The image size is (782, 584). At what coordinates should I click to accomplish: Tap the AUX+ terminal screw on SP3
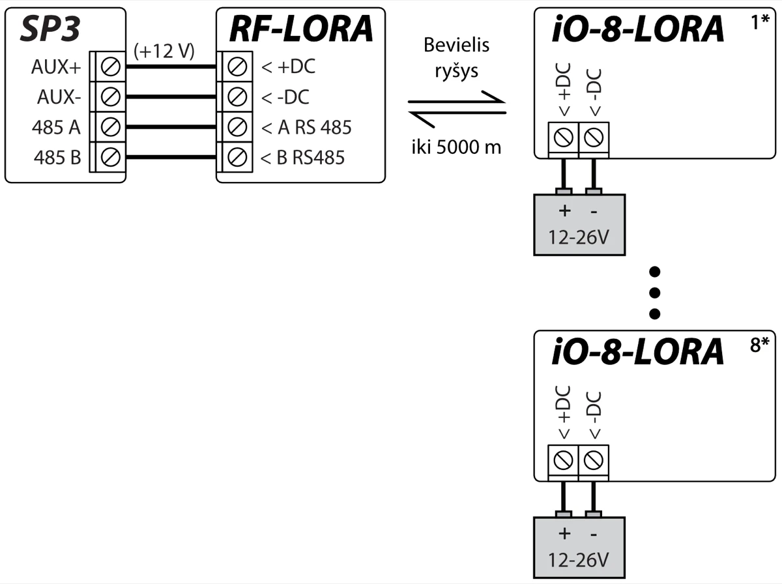pos(111,66)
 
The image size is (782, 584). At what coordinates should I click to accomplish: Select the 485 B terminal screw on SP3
pos(111,157)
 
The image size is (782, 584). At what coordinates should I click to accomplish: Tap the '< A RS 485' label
pos(306,127)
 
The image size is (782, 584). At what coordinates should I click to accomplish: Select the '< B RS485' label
pos(302,157)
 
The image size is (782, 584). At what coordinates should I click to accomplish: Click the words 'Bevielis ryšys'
pos(456,58)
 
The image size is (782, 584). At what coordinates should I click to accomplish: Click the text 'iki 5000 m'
pos(456,147)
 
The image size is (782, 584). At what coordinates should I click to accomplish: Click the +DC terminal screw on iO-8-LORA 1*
pos(564,138)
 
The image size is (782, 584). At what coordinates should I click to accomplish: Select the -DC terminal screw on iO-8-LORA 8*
pos(593,461)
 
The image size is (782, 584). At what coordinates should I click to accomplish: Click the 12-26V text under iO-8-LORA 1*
pos(579,235)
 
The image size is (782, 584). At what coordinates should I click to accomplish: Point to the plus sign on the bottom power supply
pos(564,534)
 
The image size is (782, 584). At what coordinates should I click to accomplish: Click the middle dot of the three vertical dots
pos(656,292)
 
